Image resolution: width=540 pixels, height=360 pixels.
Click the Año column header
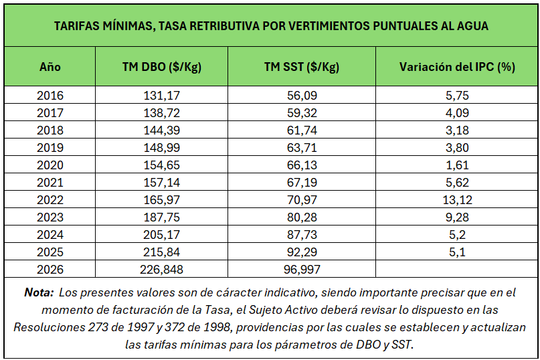coord(50,67)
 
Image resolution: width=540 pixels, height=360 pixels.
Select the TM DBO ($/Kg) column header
coord(162,67)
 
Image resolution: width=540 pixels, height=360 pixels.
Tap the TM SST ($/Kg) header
coord(302,67)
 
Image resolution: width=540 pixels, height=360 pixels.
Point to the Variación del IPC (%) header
coord(457,67)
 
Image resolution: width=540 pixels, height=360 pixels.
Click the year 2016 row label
coord(50,96)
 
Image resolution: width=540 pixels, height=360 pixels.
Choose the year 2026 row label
coord(50,270)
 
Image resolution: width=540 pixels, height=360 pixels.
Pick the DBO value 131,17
coord(162,96)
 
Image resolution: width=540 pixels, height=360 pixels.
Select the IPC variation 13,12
coord(457,200)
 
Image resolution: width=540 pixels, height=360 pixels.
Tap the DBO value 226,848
coord(162,270)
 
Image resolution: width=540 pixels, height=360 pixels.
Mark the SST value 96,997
coord(302,270)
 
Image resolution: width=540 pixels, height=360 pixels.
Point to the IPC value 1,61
coord(457,165)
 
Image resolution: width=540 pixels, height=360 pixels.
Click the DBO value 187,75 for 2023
coord(162,217)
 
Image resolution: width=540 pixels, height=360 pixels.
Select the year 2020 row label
coord(50,165)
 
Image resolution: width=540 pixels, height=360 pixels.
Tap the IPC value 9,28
coord(457,217)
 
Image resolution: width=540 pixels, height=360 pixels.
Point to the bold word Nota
coord(38,293)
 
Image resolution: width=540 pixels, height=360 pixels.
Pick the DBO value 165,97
coord(162,200)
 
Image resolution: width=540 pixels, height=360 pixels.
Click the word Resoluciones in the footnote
coord(47,328)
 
